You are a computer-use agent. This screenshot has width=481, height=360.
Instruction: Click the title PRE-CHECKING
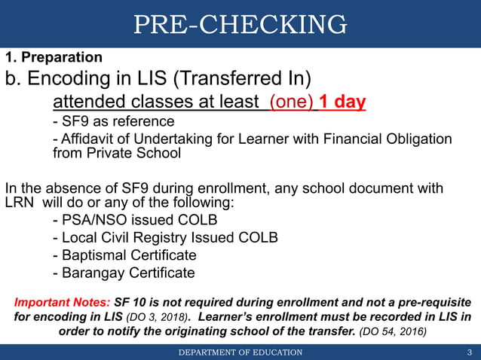tap(240, 26)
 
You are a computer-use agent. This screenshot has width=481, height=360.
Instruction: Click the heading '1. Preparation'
tap(54, 57)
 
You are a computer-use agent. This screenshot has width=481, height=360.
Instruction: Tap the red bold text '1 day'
tap(342, 101)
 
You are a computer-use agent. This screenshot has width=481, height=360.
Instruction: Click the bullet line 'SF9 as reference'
tap(113, 121)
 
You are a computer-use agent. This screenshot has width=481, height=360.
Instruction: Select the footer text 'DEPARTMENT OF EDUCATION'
tap(240, 352)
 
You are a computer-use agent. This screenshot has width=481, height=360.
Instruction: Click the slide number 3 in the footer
tap(469, 352)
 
